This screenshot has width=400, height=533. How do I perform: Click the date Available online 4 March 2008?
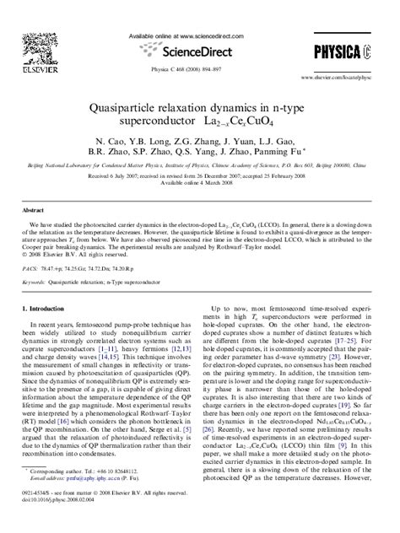(x=200, y=184)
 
